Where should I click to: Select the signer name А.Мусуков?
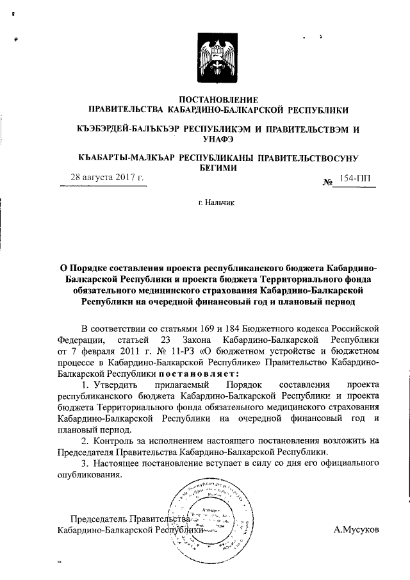pos(356,531)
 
